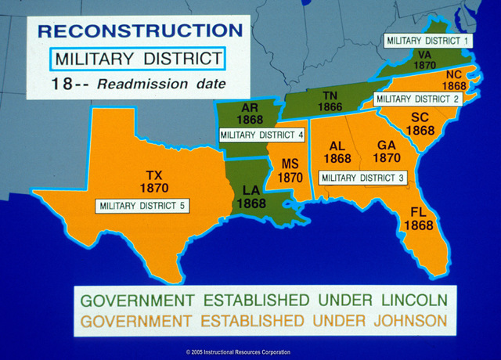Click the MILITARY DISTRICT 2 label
point(417,99)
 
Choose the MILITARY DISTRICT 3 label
point(362,178)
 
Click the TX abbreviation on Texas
point(153,176)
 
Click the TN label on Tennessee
point(330,95)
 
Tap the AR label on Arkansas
point(250,107)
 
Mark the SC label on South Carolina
point(420,117)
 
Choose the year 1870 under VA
point(425,67)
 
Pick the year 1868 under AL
point(337,158)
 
